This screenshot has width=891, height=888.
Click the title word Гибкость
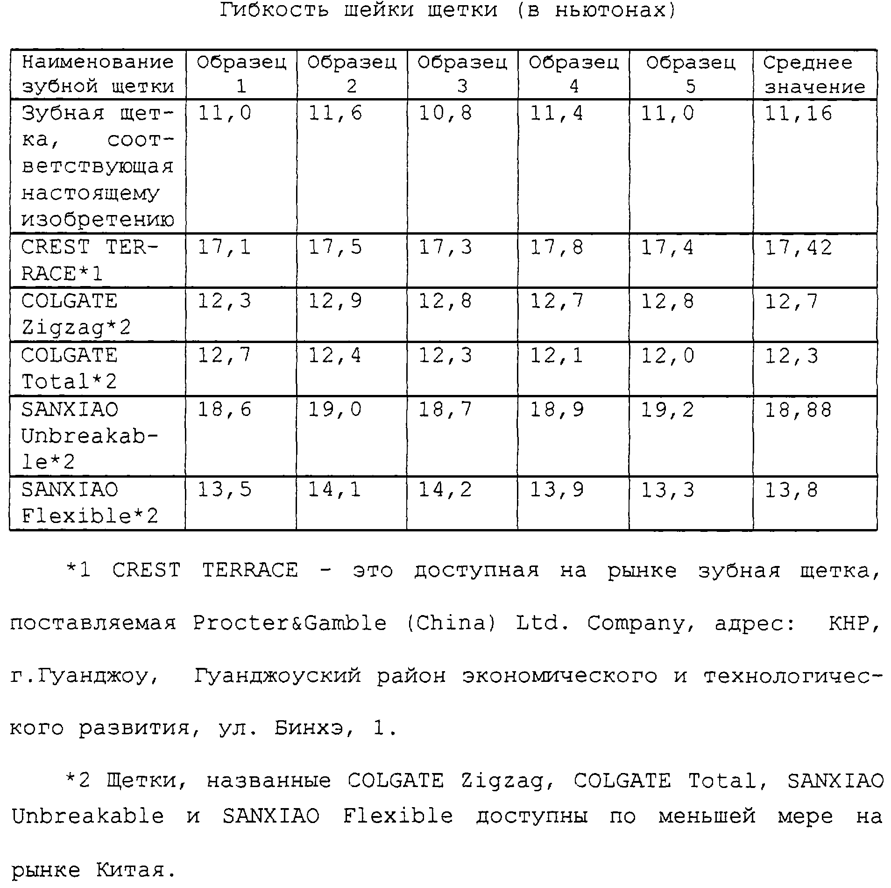[x=275, y=10]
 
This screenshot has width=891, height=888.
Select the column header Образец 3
[x=462, y=74]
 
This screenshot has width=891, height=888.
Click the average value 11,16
[x=798, y=114]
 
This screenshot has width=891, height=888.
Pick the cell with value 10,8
[x=445, y=114]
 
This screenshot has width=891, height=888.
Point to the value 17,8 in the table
[x=556, y=247]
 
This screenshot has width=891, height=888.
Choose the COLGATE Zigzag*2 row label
[x=76, y=314]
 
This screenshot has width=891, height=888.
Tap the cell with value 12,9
[x=335, y=301]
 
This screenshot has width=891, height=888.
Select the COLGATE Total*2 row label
[x=69, y=368]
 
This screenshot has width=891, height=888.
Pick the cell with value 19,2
[x=667, y=410]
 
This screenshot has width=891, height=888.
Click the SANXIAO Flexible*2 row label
[x=90, y=503]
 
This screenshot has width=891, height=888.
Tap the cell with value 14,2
[x=445, y=490]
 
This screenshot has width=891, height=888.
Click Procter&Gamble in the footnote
[x=290, y=623]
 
